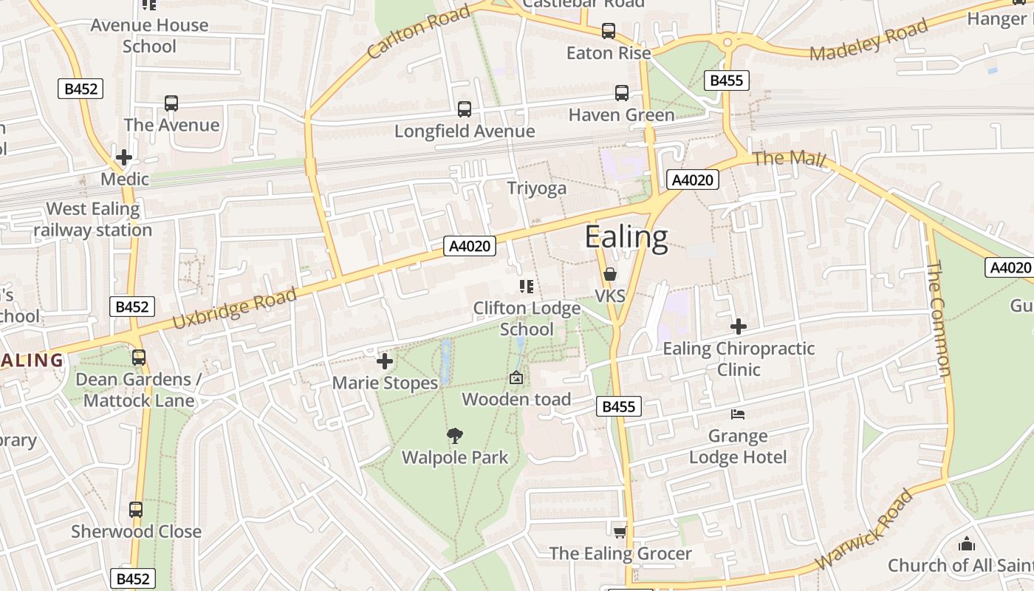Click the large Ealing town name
626,237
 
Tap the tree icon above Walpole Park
455,436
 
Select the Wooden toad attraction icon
516,378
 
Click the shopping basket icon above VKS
610,275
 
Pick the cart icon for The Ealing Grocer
620,532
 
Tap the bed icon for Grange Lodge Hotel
738,414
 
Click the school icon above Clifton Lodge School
526,287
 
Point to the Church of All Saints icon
966,544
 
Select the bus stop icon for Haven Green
622,93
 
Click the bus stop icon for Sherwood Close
136,510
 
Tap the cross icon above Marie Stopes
385,361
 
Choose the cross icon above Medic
124,157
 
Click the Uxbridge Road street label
235,309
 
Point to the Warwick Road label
864,529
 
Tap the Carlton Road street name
418,33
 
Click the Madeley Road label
869,41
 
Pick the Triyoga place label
537,188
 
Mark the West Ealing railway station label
93,219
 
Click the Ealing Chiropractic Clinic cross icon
739,326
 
